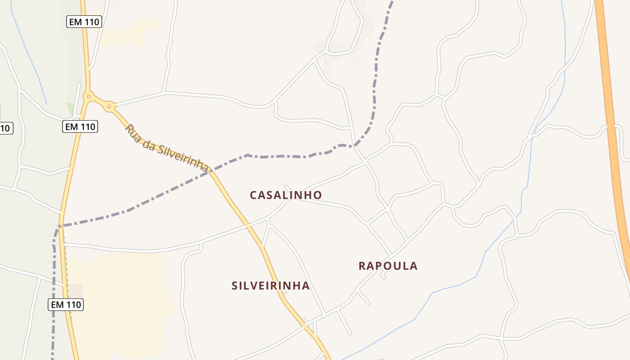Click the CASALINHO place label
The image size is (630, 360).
[x=286, y=195]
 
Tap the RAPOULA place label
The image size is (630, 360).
[x=388, y=266]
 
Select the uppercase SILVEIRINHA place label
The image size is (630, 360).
[x=270, y=286]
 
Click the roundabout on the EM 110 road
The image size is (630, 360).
[x=89, y=96]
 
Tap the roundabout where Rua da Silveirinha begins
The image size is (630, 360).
[x=108, y=107]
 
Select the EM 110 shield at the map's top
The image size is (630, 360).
[x=84, y=21]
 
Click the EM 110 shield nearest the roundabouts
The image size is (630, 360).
[x=80, y=127]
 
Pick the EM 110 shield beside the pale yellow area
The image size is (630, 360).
[x=66, y=305]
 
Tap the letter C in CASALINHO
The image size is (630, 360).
[x=253, y=195]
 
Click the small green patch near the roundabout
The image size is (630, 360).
[x=70, y=108]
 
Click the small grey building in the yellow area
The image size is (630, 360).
[x=76, y=291]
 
